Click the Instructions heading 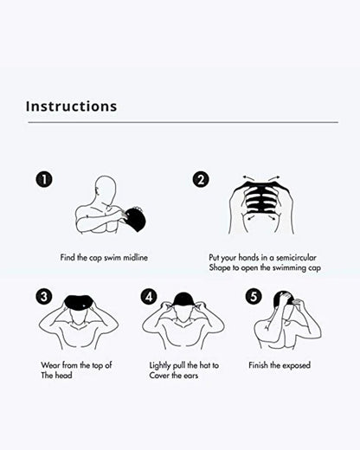(72, 106)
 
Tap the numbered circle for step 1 (44, 179)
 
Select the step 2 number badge (201, 179)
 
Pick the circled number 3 (44, 297)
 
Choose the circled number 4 (149, 297)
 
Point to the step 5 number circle (254, 297)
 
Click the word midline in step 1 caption (136, 257)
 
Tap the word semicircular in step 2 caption (296, 257)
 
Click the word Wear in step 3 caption (51, 365)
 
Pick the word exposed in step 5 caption (296, 365)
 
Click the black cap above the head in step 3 (78, 302)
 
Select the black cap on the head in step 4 (183, 300)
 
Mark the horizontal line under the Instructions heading (183, 122)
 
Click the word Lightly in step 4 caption (160, 365)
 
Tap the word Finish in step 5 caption (258, 365)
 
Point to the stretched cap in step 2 (261, 197)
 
